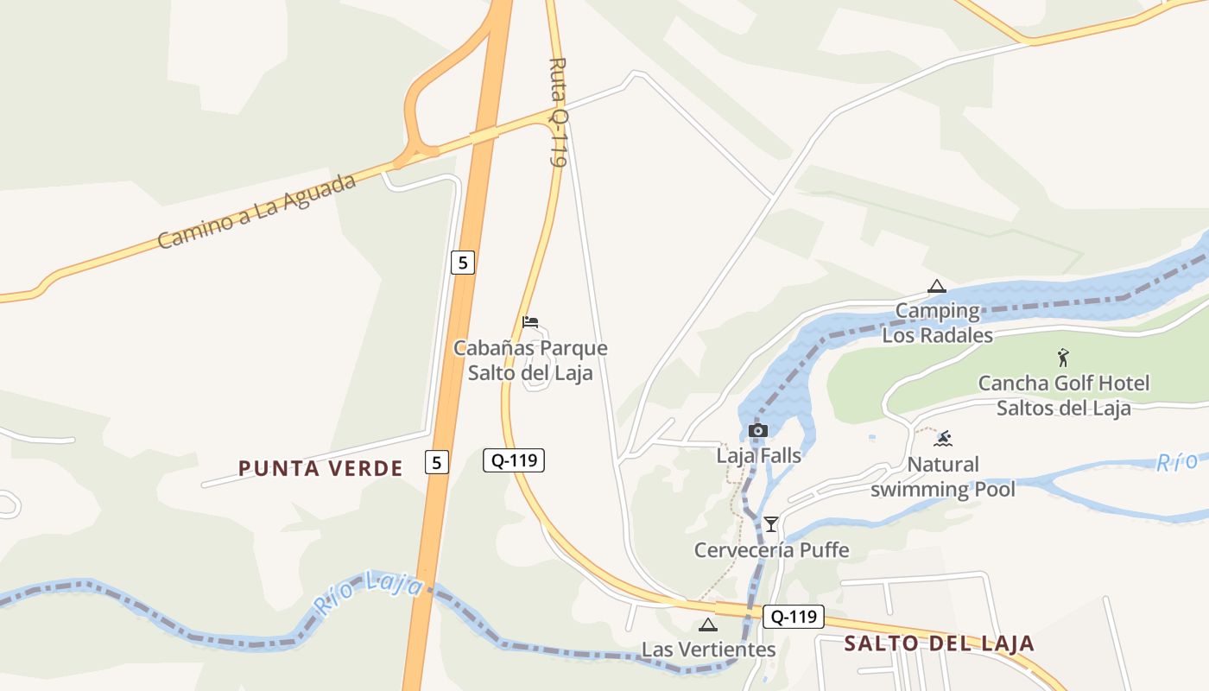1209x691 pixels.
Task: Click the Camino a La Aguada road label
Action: coord(257,212)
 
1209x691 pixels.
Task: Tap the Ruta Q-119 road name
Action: coord(559,112)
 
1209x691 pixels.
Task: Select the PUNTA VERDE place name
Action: coord(320,468)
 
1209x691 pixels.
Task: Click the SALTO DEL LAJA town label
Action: coord(939,643)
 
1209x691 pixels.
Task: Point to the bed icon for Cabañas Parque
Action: coord(530,322)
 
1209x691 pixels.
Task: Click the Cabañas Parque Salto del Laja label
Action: coord(530,360)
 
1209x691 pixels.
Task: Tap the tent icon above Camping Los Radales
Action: coord(937,287)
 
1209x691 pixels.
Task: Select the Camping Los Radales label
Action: coord(937,323)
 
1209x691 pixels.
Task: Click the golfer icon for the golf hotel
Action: coord(1063,358)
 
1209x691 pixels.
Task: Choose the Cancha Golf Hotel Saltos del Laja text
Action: coord(1063,395)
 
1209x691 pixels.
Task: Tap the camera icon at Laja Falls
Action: coord(758,430)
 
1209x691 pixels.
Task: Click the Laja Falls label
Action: coord(759,455)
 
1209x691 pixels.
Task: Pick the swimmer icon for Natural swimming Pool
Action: coord(944,439)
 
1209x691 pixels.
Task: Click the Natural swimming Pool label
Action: coord(943,477)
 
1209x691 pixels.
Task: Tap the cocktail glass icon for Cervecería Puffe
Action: coord(771,524)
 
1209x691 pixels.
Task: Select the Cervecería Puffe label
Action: coord(771,550)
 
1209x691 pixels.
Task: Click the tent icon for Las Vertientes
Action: coord(708,624)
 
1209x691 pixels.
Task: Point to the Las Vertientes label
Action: coord(708,650)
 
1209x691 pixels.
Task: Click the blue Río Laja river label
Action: coord(369,593)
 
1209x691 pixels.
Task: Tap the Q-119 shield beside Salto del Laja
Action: coord(794,617)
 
